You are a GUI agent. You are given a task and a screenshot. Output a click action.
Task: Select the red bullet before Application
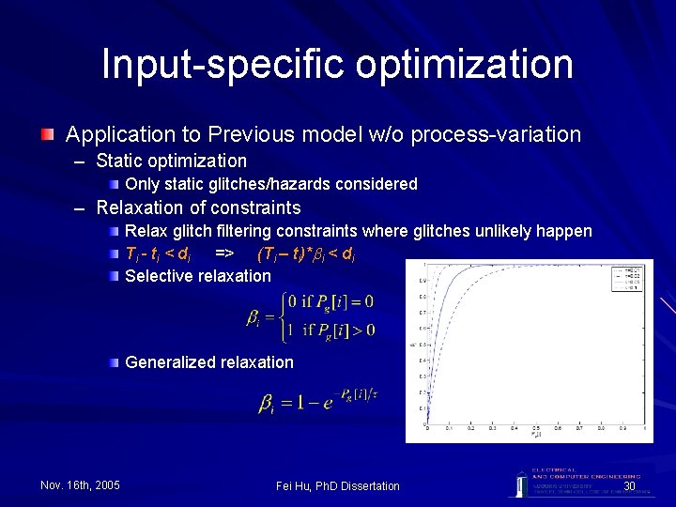pos(46,135)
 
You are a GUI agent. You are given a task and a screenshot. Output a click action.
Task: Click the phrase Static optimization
pos(171,161)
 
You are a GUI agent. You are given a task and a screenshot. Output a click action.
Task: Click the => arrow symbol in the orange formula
pos(223,253)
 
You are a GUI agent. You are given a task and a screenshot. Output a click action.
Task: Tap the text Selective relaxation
pos(197,276)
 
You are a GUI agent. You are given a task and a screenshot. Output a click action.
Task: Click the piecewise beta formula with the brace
pos(311,315)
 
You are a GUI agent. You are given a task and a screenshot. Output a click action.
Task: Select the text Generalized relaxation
pos(208,362)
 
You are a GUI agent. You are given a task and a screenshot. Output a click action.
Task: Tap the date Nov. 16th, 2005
pos(80,484)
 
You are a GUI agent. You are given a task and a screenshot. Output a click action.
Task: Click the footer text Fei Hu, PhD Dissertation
pos(338,485)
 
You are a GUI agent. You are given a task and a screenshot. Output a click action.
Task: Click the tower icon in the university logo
pos(518,481)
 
